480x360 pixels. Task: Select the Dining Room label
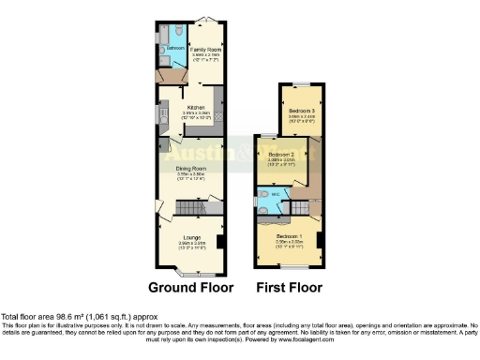tap(189, 169)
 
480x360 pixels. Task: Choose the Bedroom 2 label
tap(281, 153)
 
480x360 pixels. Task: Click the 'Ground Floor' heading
tap(190, 287)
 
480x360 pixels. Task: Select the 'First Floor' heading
tap(289, 287)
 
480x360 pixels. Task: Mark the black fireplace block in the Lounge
tap(219, 242)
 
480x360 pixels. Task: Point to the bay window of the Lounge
tap(190, 273)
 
